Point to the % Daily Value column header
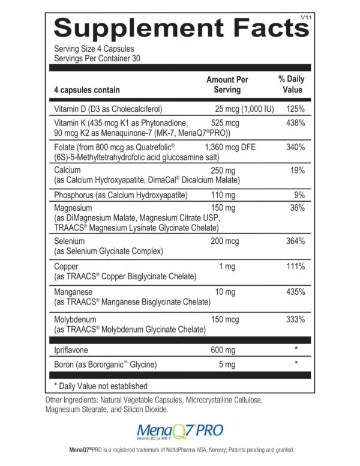[292, 85]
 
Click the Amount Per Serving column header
[227, 85]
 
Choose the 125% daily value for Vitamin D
[296, 109]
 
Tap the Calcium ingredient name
[67, 171]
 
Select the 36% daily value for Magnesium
[298, 208]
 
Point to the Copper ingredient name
[65, 266]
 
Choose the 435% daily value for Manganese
[296, 292]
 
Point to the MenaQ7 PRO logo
[180, 431]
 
